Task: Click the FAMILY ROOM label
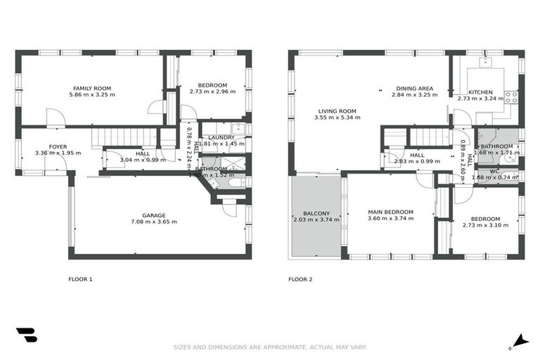(92, 88)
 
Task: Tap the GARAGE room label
(153, 215)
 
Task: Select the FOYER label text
(58, 147)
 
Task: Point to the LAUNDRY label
(221, 137)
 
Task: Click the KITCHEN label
(481, 92)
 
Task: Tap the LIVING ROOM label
(337, 111)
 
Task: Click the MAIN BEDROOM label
(390, 212)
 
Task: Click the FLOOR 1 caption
(80, 279)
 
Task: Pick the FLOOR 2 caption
(300, 279)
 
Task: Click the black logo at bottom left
(26, 335)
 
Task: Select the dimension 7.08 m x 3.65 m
(153, 222)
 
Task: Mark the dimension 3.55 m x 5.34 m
(337, 118)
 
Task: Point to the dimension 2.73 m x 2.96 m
(212, 92)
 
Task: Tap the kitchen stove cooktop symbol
(511, 96)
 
